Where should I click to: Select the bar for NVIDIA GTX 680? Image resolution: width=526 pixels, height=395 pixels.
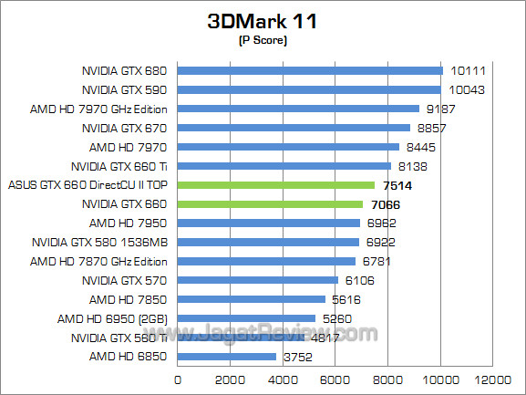(x=310, y=70)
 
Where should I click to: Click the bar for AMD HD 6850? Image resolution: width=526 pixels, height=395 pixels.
(x=227, y=357)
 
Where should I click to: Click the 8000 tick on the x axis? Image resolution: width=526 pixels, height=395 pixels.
(x=389, y=379)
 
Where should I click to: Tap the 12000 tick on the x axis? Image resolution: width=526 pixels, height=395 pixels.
(x=495, y=379)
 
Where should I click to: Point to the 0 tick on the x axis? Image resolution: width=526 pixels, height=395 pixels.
(x=178, y=379)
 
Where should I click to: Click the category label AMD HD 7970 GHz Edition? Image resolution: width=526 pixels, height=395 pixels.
(x=100, y=109)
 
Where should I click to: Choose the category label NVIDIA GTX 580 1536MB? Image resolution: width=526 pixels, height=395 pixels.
(x=102, y=242)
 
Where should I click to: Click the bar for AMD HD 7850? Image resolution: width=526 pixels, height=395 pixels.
(x=252, y=299)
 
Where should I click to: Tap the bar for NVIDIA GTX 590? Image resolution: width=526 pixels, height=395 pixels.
(x=309, y=89)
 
